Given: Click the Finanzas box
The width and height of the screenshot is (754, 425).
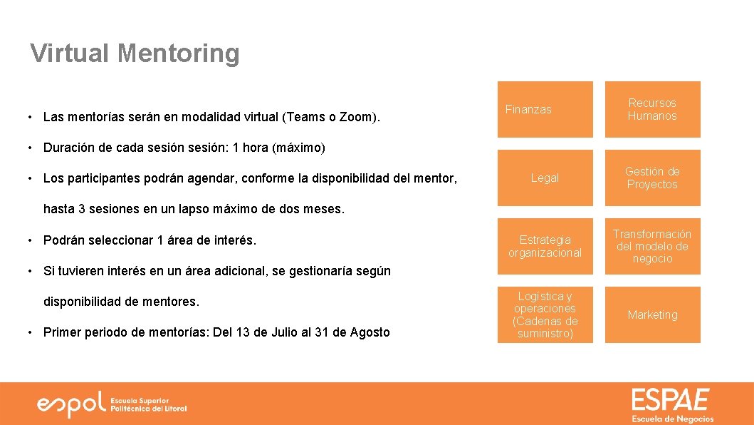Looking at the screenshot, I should click(545, 109).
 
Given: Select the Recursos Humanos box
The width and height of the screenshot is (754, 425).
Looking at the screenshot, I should click(652, 109).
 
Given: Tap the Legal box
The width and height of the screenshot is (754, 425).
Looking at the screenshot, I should click(545, 178).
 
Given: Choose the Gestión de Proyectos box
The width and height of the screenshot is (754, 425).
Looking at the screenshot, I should click(652, 178).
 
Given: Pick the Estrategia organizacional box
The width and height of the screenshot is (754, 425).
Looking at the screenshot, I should click(545, 246).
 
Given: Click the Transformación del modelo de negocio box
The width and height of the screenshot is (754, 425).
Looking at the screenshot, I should click(652, 246).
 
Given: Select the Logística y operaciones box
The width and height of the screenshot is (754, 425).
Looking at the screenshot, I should click(545, 314).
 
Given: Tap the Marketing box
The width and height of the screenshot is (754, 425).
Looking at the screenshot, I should click(652, 314).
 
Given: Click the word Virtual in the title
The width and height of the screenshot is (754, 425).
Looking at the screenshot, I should click(69, 53).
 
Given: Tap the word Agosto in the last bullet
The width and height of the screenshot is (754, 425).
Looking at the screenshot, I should click(371, 332).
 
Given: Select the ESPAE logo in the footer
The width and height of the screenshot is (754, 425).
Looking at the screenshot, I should click(671, 404).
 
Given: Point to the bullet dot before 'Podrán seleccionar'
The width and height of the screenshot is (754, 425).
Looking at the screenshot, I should click(31, 240).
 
